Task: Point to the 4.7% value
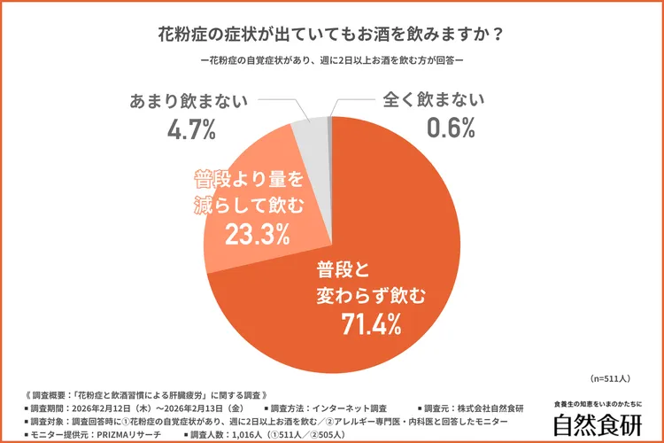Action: pyautogui.click(x=191, y=129)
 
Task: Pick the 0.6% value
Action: pyautogui.click(x=452, y=129)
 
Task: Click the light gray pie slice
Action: pyautogui.click(x=310, y=133)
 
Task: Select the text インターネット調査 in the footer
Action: pyautogui.click(x=328, y=408)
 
